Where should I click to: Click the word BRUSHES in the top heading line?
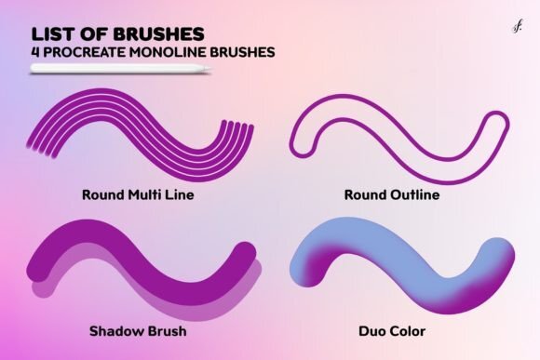click(159, 34)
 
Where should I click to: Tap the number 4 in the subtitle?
click(35, 52)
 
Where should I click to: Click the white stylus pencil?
click(121, 69)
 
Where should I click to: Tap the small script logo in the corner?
click(517, 26)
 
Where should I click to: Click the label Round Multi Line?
click(138, 194)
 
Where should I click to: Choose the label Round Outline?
click(392, 194)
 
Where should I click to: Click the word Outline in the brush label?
click(415, 194)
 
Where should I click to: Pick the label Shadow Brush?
click(138, 331)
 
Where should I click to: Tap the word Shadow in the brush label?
click(114, 331)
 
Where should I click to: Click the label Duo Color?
click(392, 331)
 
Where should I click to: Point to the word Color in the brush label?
click(408, 331)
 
